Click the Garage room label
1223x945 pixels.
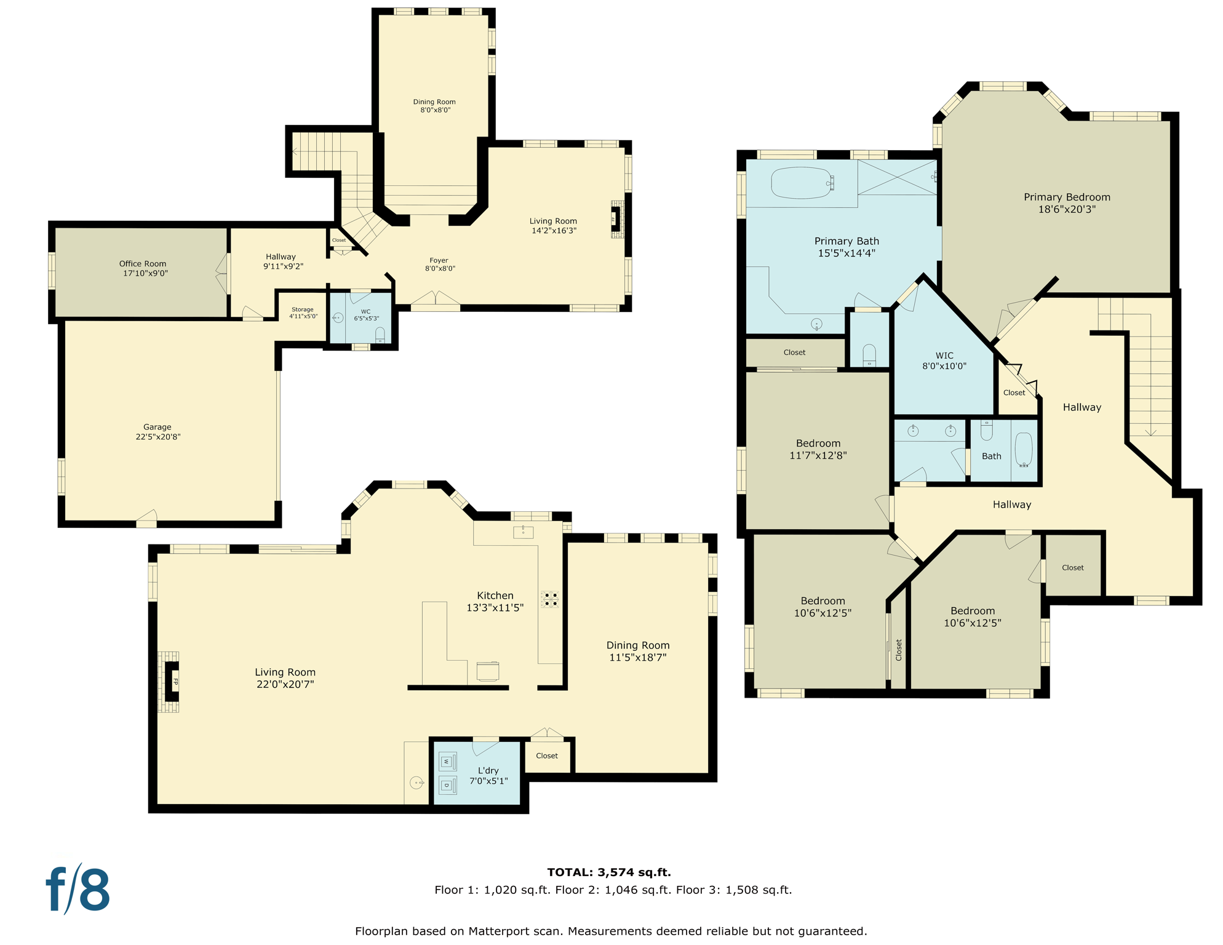click(157, 432)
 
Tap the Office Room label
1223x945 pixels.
click(143, 268)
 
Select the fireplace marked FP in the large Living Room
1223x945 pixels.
click(172, 681)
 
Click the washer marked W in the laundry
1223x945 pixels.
click(447, 762)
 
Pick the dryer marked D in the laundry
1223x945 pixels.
click(447, 785)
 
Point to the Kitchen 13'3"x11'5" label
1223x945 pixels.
click(495, 602)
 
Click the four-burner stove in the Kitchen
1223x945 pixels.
click(549, 599)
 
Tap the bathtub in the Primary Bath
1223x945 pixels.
click(802, 183)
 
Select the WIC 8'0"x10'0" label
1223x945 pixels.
click(944, 361)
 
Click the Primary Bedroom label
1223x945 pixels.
click(1067, 203)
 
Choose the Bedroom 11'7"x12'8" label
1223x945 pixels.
click(818, 449)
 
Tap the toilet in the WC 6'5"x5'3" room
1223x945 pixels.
click(380, 335)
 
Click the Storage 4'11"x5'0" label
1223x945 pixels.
click(303, 313)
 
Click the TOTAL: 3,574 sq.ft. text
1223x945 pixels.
click(609, 872)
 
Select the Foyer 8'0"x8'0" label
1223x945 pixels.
click(439, 264)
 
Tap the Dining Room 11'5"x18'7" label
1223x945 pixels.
click(638, 651)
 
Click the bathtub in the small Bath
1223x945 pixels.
click(1023, 449)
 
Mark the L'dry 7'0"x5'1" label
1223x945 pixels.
click(488, 775)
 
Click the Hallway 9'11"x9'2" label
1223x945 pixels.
click(282, 261)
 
